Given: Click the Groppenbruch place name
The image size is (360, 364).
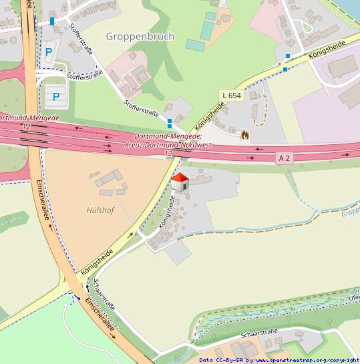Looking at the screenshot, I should click(140, 36).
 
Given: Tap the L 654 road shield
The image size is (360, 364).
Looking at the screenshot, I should click(230, 96).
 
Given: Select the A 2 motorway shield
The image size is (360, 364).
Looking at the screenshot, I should click(285, 158).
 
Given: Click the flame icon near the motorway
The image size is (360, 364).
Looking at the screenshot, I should click(245, 135).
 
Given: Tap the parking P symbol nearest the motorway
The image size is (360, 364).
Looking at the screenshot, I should click(56, 97).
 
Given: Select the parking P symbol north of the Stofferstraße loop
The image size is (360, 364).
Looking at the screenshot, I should click(48, 51).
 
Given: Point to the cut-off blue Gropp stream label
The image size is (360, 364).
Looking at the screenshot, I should click(350, 213).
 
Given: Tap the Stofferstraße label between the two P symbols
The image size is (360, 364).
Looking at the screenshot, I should click(84, 76).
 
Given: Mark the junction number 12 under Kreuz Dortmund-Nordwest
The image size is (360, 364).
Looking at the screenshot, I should click(168, 154).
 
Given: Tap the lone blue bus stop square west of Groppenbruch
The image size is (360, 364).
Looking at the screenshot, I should click(52, 21).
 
